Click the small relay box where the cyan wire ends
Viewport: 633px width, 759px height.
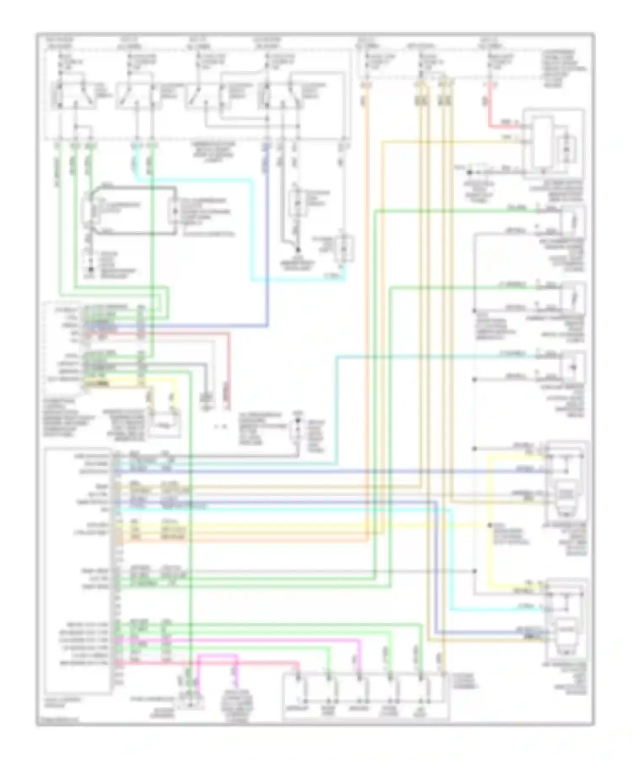pos(344,249)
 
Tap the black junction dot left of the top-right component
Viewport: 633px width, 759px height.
pos(469,173)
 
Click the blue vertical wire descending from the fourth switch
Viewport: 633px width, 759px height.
pos(267,232)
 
